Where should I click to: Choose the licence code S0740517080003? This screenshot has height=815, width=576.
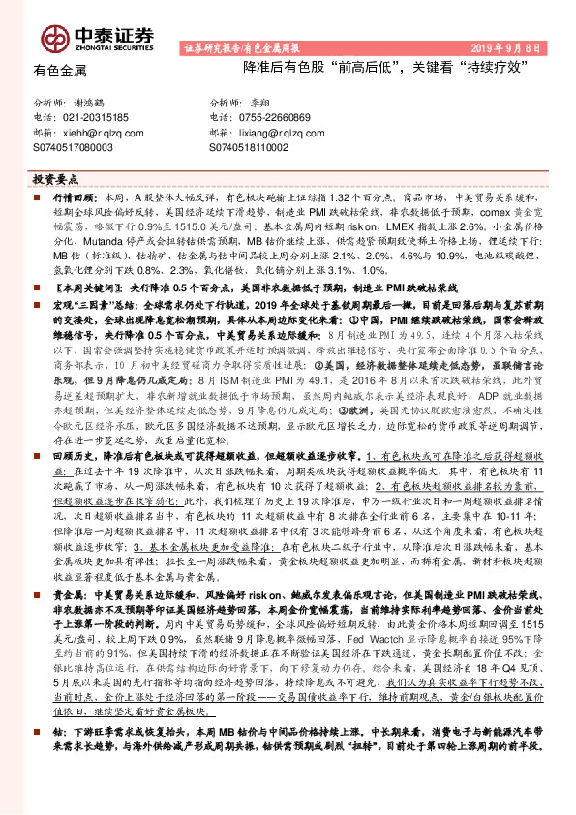(74, 145)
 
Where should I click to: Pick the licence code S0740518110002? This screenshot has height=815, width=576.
(250, 145)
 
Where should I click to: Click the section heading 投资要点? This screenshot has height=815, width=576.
(55, 180)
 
